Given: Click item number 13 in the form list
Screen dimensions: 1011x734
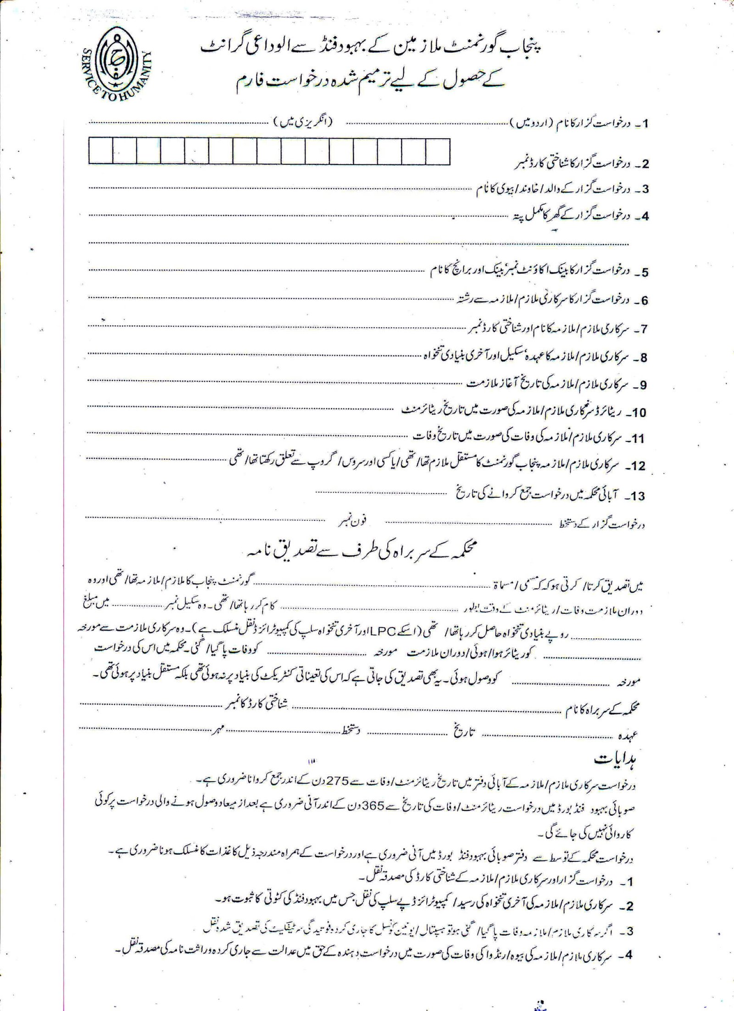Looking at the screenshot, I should click(638, 496).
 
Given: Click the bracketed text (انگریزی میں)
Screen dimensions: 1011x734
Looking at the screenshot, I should click(303, 123).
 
